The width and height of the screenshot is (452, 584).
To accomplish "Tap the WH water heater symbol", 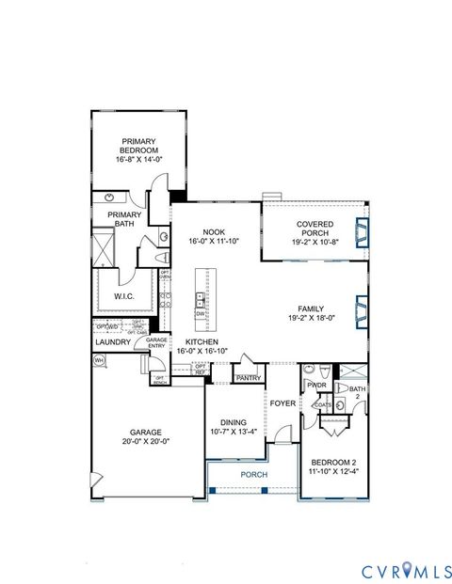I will tap(99, 359).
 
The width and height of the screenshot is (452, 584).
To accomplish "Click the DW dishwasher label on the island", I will tap(200, 314).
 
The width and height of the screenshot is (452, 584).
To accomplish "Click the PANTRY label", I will tap(249, 378).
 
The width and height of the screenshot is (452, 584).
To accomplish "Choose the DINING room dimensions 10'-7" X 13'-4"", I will tap(233, 433).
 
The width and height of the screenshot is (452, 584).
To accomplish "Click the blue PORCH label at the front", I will tap(252, 475).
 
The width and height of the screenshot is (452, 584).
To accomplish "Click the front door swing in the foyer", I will tap(282, 434).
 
